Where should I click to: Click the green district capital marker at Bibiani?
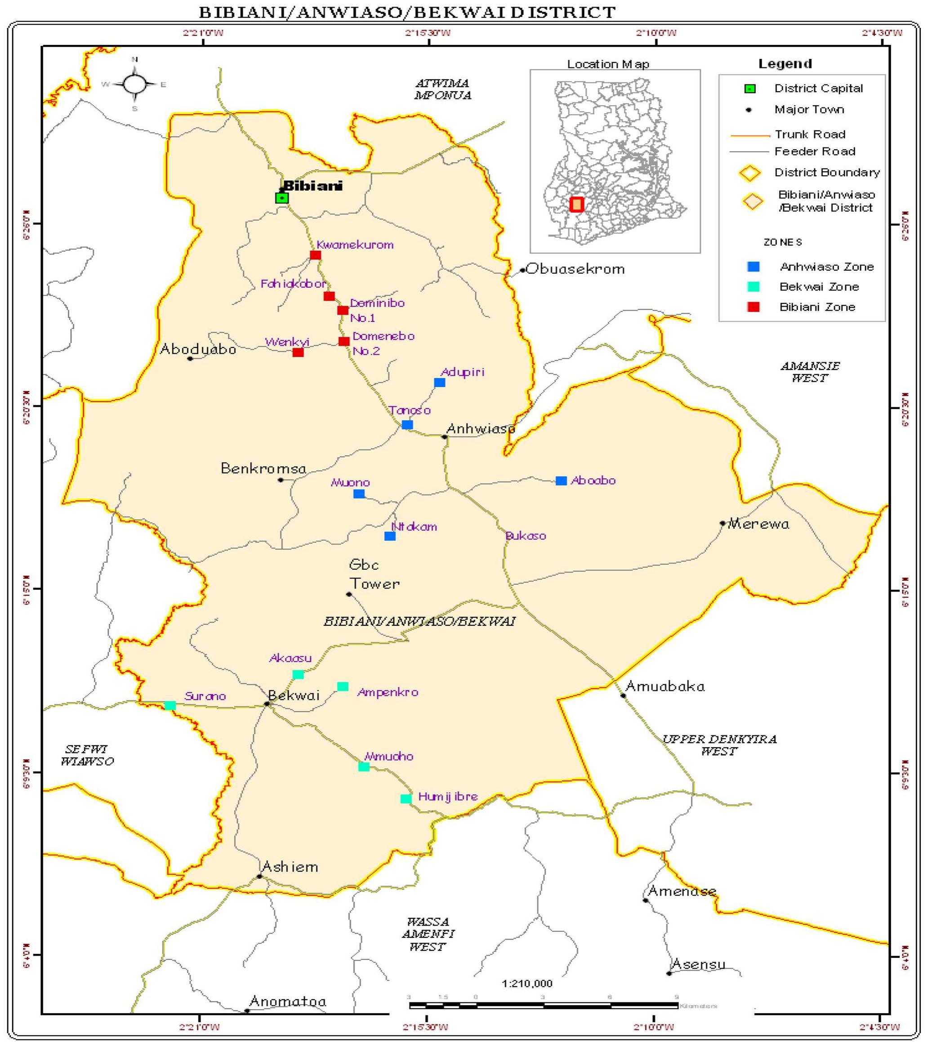click(x=282, y=198)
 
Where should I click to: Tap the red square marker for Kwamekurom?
click(x=315, y=255)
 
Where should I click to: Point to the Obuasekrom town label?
click(x=575, y=269)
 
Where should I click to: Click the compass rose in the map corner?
click(x=134, y=84)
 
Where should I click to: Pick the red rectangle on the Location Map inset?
click(x=577, y=205)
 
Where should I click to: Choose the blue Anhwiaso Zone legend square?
click(x=753, y=267)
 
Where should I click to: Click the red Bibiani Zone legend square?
click(x=753, y=307)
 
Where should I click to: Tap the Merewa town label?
click(x=758, y=524)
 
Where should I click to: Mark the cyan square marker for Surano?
click(x=170, y=706)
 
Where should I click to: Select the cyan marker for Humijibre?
click(x=406, y=799)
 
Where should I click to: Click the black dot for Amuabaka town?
click(x=623, y=695)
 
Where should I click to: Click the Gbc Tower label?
click(x=373, y=574)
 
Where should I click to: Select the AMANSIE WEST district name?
click(x=810, y=372)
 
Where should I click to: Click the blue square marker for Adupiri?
click(x=440, y=383)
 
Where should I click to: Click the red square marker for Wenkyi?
click(x=298, y=352)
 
